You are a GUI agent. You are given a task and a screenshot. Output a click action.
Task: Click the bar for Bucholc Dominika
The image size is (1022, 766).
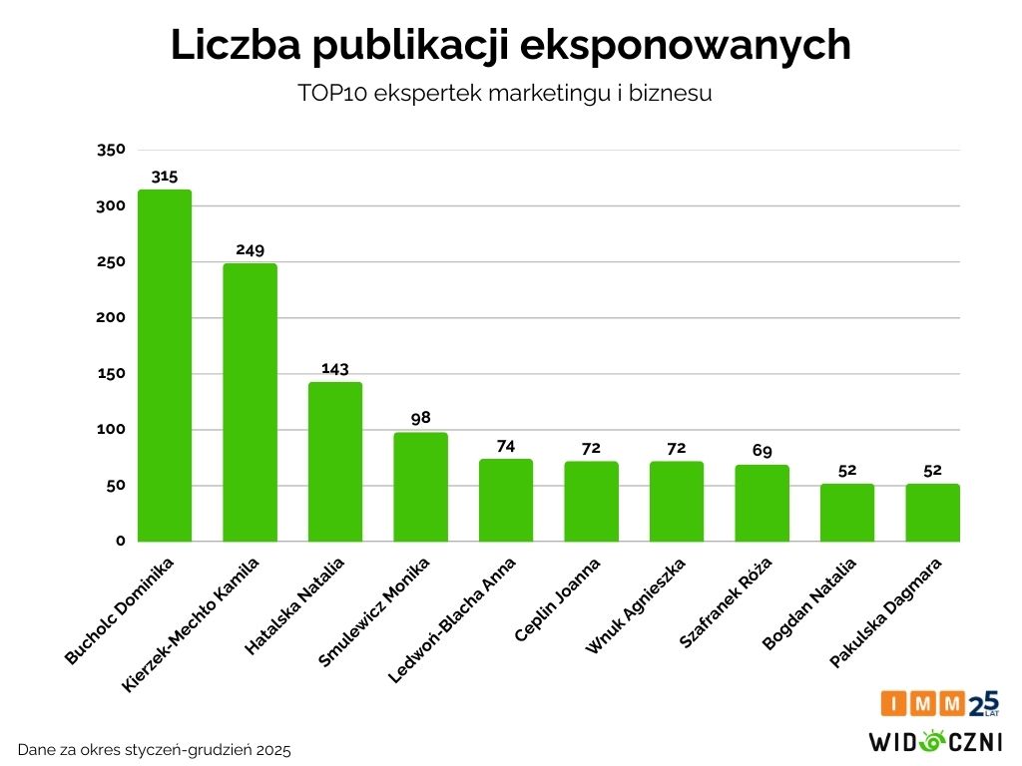[x=165, y=366]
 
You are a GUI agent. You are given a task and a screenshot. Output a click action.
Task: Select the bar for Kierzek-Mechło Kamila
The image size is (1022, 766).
[x=250, y=403]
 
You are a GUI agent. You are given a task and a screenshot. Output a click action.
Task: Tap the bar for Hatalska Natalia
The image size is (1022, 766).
[x=335, y=462]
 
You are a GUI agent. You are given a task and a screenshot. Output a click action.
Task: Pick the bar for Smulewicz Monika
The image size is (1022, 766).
[x=420, y=487]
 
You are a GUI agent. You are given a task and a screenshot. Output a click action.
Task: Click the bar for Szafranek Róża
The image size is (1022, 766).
[x=762, y=504]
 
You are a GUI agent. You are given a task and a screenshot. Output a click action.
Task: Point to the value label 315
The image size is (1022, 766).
[x=165, y=177]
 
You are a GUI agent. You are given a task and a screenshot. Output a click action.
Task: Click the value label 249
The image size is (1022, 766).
[x=250, y=249]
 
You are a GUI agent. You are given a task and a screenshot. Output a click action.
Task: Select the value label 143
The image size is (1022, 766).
[x=335, y=368]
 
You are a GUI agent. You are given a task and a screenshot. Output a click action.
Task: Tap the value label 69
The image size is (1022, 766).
[x=762, y=451]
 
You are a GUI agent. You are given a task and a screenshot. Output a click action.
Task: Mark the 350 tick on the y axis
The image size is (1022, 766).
[x=111, y=150]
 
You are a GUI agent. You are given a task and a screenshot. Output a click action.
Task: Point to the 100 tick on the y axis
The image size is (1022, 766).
[x=111, y=430]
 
